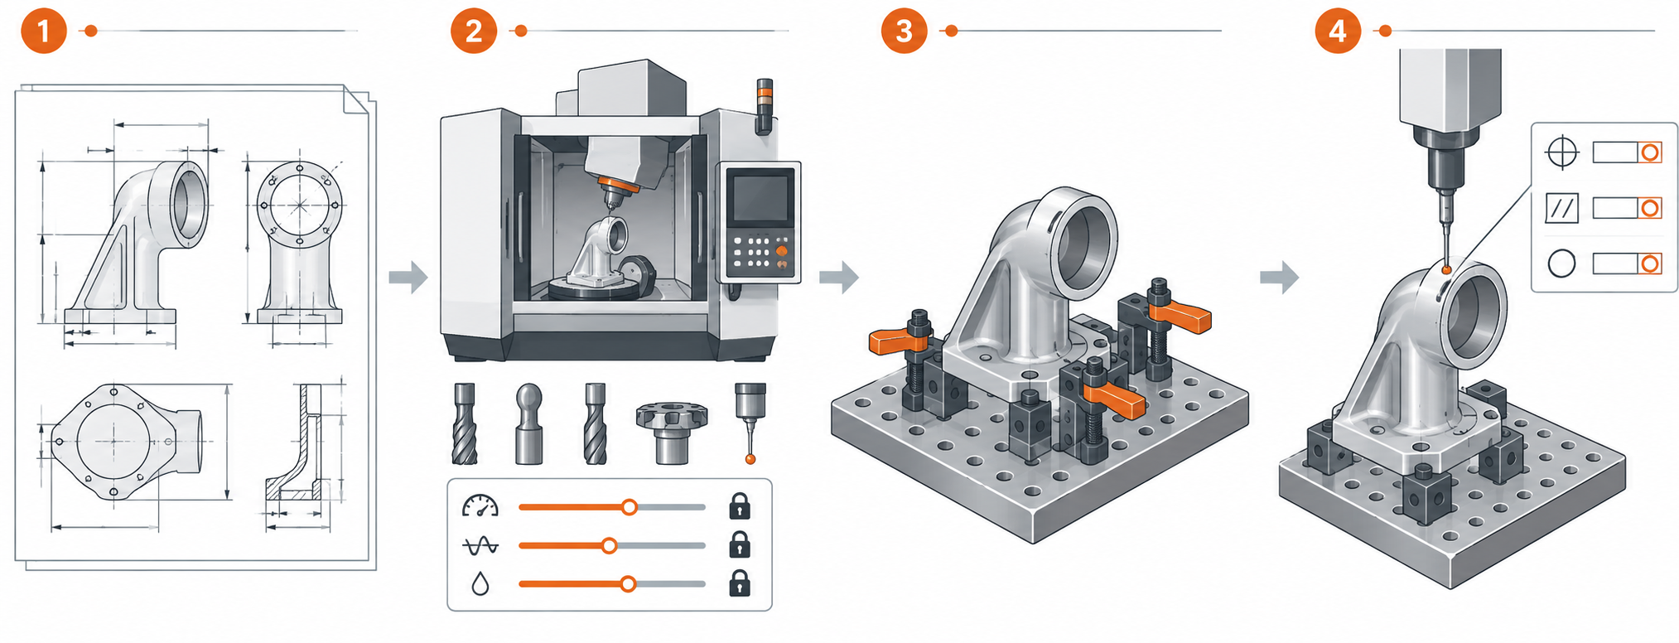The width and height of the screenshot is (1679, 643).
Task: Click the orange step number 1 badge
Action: (x=43, y=31)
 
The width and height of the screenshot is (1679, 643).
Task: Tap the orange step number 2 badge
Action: (x=474, y=31)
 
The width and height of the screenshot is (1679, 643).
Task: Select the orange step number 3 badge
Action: (x=904, y=31)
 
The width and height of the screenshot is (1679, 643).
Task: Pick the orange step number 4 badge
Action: (x=1338, y=31)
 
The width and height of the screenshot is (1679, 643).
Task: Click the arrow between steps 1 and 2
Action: (x=408, y=277)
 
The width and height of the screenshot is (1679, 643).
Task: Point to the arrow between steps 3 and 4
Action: (x=1279, y=277)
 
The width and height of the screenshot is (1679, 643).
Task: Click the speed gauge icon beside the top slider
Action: (x=480, y=506)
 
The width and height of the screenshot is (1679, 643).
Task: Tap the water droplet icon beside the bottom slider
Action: (x=480, y=584)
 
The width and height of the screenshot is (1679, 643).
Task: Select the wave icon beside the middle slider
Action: (x=480, y=545)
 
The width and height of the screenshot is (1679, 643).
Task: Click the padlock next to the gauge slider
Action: (x=740, y=505)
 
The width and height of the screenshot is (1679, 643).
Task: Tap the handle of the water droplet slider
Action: (x=628, y=584)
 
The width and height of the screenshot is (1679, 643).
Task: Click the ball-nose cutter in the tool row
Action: (x=529, y=423)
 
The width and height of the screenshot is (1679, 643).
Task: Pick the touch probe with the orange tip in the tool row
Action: (x=750, y=423)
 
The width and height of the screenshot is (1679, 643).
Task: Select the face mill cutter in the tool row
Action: (x=672, y=432)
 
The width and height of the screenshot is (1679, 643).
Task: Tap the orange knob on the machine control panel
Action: (x=781, y=250)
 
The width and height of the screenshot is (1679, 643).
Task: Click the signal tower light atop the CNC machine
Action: (x=764, y=106)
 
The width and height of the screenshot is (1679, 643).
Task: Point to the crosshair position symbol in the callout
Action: (x=1562, y=152)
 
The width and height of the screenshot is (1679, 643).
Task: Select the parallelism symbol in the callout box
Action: (x=1562, y=208)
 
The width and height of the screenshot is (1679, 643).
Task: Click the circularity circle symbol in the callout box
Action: (x=1562, y=263)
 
